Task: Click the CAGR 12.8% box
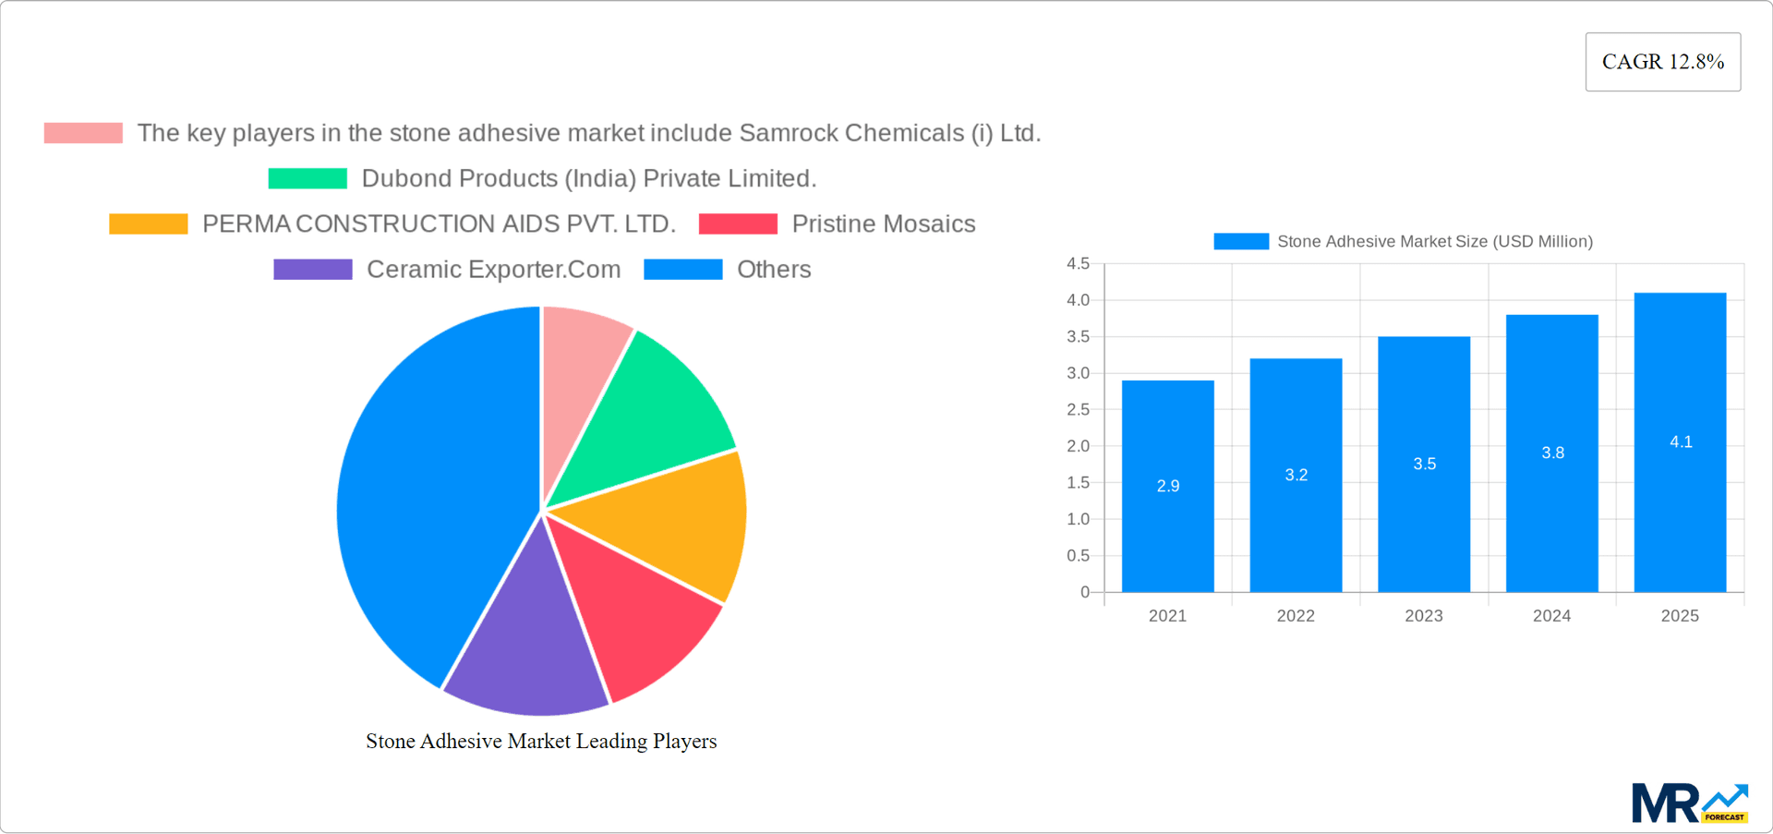click(1662, 62)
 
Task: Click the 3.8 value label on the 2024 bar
click(1552, 453)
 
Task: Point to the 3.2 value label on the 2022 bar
click(1296, 475)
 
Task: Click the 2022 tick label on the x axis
click(1295, 616)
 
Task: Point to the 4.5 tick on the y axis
click(1078, 264)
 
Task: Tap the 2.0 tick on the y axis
click(1078, 446)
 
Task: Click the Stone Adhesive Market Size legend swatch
click(1240, 241)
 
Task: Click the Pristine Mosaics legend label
click(883, 224)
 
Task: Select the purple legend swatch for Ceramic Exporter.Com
click(312, 270)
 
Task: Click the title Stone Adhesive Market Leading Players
click(541, 741)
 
